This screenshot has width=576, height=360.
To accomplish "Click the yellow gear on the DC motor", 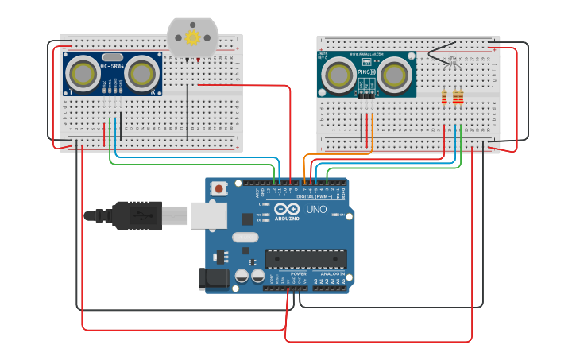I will coord(192,37).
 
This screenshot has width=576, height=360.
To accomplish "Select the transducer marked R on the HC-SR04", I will coord(141,74).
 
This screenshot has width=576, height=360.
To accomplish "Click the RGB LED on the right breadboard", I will coord(451,60).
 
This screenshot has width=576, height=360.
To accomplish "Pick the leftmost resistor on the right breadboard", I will coord(444,97).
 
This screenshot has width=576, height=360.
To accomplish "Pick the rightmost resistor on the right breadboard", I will coord(461,97).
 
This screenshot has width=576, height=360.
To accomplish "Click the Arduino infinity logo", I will coord(285,210).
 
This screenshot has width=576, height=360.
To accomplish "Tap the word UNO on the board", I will coord(316,210).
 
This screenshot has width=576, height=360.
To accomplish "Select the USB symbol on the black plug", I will coord(141,215).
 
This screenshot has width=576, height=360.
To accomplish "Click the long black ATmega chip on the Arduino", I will coord(306,259).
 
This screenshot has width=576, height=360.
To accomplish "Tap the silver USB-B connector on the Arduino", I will coord(208,215).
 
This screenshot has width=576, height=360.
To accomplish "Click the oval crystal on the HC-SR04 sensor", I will coord(112,56).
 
